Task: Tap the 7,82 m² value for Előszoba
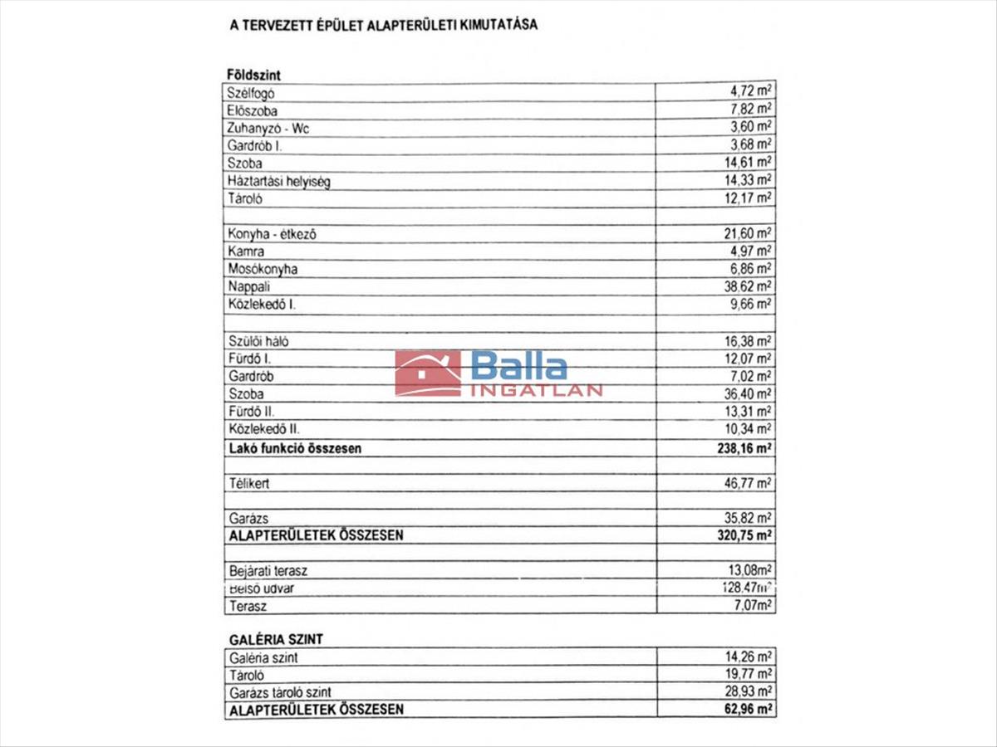748,110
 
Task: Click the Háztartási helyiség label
278,181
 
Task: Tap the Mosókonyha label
262,269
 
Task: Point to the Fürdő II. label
251,412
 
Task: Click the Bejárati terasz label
268,572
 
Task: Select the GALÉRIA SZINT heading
275,639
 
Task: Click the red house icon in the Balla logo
428,373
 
